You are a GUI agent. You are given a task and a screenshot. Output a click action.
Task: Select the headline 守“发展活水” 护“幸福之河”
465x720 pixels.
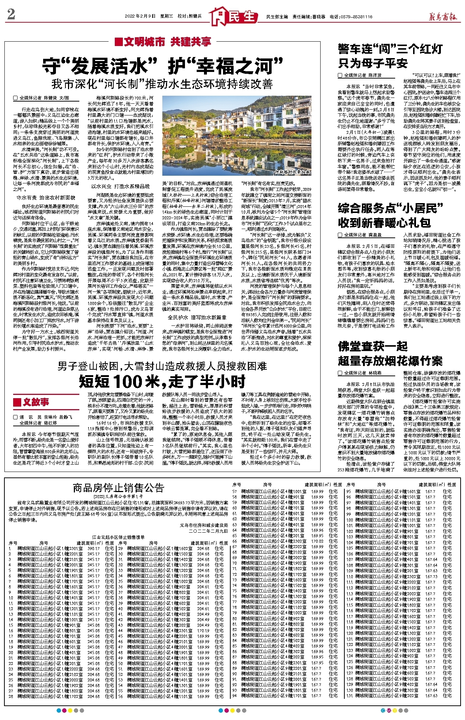[162, 66]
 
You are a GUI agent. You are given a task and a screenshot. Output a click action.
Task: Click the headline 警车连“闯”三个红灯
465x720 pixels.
[390, 49]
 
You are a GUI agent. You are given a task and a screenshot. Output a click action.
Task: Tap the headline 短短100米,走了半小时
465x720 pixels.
[162, 381]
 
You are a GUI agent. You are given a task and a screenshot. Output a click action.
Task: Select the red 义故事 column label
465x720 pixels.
[31, 402]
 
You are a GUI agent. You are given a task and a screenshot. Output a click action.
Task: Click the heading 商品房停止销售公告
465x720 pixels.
[118, 488]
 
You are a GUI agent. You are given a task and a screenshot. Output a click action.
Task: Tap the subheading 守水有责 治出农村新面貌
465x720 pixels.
[46, 198]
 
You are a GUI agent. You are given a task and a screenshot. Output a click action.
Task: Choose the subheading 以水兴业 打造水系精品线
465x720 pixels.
[120, 186]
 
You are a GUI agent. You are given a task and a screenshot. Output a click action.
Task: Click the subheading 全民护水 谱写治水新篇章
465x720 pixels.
[197, 317]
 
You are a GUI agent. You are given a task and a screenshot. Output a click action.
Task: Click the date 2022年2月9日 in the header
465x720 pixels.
[140, 16]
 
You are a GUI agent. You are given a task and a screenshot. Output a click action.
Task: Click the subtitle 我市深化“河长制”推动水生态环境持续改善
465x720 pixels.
[162, 84]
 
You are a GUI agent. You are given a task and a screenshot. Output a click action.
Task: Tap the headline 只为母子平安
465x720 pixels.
[373, 64]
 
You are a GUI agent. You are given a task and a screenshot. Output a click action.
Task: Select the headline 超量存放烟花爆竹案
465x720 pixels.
[390, 361]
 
